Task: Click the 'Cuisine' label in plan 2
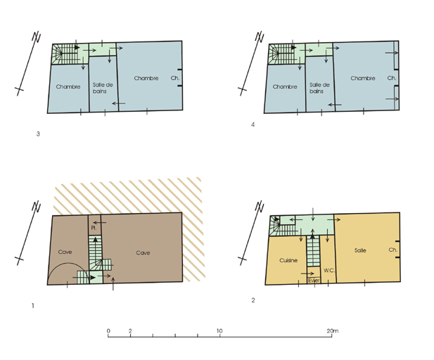click(288, 260)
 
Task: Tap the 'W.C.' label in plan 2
click(329, 271)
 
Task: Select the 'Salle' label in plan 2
click(360, 250)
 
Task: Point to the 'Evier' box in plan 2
click(314, 281)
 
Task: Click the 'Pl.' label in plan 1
click(94, 228)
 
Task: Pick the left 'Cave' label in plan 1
click(65, 252)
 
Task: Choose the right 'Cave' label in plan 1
click(143, 253)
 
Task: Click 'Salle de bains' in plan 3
click(103, 88)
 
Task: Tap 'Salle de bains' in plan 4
click(319, 88)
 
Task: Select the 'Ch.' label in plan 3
click(175, 78)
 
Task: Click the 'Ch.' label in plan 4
click(392, 78)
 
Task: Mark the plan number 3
click(38, 134)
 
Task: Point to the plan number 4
click(253, 124)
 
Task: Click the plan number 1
click(33, 306)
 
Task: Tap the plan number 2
click(253, 300)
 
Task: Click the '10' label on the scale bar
click(219, 331)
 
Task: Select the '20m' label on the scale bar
click(333, 331)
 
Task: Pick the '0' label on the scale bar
click(108, 331)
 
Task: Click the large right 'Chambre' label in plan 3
click(146, 78)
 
